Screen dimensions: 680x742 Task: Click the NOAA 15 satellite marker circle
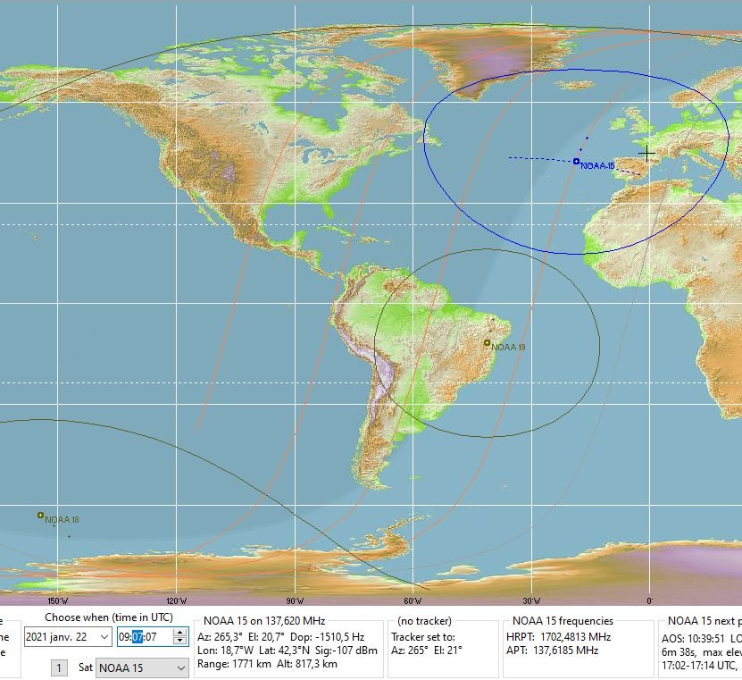(577, 161)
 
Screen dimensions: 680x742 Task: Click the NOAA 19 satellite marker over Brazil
(487, 342)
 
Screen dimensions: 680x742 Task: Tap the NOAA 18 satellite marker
(40, 515)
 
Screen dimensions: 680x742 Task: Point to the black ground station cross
(647, 153)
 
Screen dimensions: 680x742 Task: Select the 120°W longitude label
(177, 601)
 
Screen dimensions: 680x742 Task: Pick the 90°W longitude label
(295, 601)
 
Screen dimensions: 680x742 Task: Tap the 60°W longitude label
(413, 601)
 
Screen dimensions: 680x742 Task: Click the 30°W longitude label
(531, 601)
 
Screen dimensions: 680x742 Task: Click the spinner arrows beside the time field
(179, 636)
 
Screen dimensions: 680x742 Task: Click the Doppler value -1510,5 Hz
(338, 636)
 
